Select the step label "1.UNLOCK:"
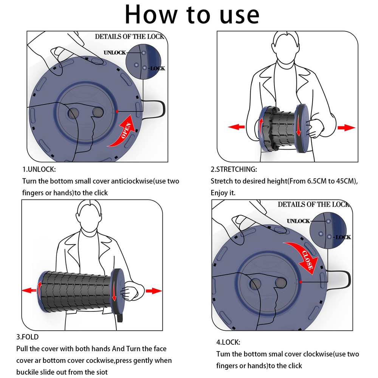39,169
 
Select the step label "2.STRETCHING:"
234,169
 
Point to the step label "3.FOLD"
27,336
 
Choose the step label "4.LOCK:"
228,342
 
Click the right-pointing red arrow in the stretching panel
346,128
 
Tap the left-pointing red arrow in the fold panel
29,290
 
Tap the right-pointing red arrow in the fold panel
153,290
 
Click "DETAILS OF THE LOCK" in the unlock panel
129,37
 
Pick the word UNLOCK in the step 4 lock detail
298,221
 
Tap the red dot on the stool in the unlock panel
118,111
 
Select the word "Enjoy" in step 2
220,193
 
